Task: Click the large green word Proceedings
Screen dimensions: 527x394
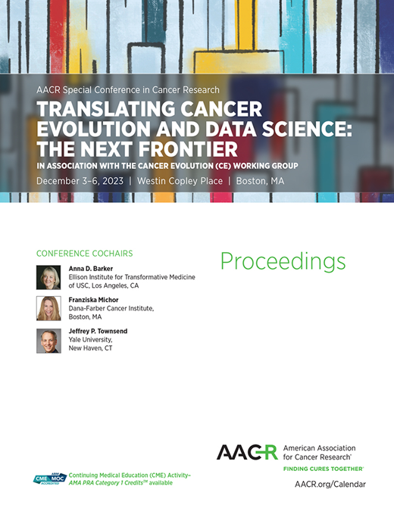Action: pos(283,262)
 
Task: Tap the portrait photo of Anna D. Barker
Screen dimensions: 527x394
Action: pos(48,277)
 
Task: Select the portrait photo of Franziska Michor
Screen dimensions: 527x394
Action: pos(48,308)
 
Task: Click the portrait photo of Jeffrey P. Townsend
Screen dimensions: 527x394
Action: pos(48,341)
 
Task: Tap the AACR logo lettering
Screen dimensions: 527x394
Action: pos(246,453)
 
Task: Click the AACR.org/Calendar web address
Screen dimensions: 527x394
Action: pos(329,484)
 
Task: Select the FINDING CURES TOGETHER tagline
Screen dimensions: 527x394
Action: pos(323,469)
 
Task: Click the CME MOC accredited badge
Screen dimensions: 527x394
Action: pos(49,479)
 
